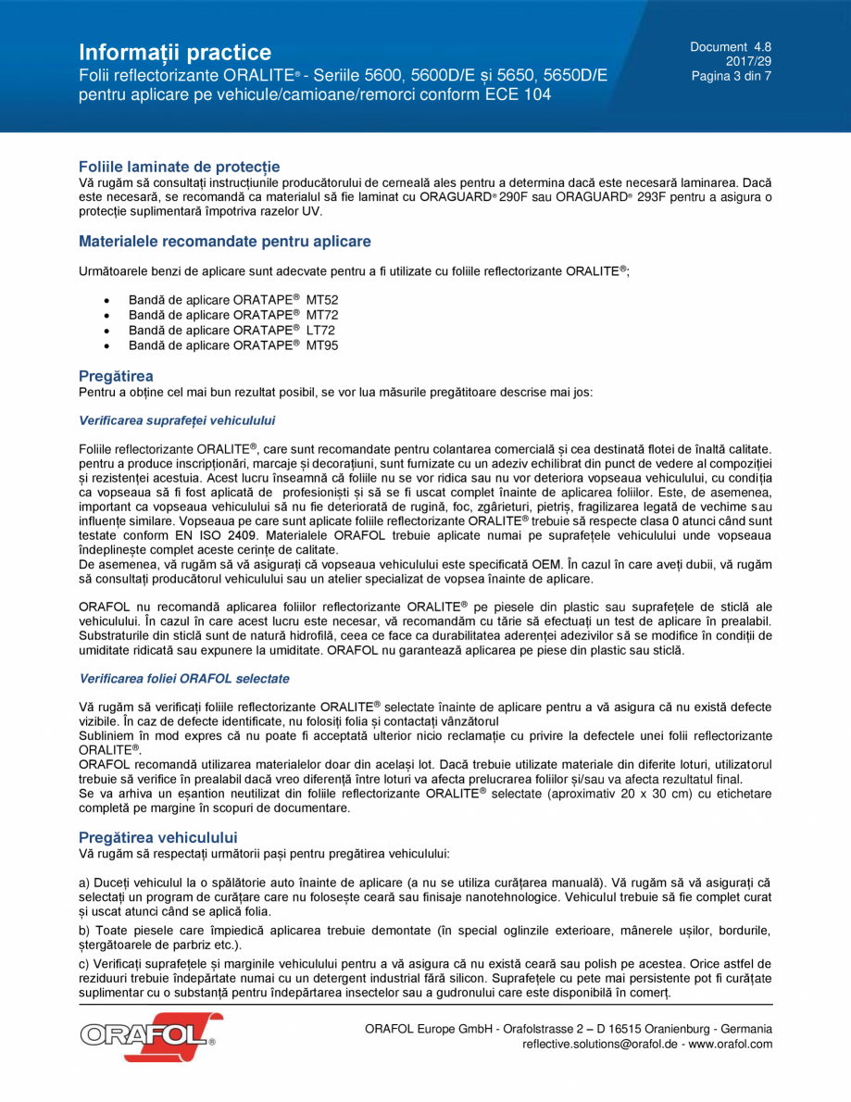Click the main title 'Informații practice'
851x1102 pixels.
(175, 52)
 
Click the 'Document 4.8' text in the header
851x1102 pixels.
(730, 46)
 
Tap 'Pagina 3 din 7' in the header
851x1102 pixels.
(731, 76)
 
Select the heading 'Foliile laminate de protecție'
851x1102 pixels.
(179, 167)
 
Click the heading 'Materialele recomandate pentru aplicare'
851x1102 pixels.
(224, 242)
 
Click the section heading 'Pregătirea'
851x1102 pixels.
(116, 376)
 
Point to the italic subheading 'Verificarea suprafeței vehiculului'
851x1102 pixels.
(177, 420)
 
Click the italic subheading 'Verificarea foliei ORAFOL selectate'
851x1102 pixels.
(184, 679)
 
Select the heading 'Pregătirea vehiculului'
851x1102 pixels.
(158, 837)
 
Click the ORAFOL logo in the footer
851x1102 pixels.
(150, 1037)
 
